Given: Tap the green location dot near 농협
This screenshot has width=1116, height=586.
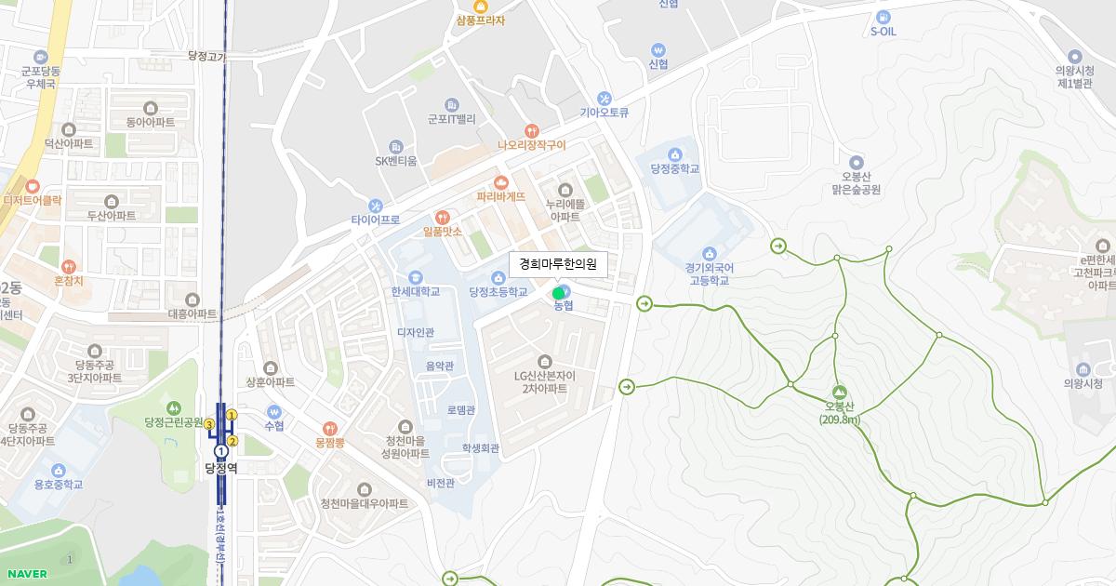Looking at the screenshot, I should (x=559, y=294).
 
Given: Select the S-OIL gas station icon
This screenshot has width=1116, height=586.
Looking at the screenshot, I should (x=883, y=16).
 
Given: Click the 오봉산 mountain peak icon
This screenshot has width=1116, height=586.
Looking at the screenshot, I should (x=840, y=393).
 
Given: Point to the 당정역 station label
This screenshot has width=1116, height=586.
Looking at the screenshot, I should (x=221, y=467).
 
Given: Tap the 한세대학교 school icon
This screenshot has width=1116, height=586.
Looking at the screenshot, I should (x=415, y=276).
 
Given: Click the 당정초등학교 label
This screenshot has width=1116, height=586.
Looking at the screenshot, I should (x=504, y=292).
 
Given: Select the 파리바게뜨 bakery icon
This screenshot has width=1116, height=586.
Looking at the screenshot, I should (x=501, y=181).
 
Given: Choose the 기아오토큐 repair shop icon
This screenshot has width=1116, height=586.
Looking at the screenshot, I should (x=604, y=98).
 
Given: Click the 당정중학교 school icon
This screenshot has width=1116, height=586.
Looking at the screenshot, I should (x=675, y=154).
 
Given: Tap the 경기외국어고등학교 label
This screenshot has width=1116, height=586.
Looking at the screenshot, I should (x=710, y=273).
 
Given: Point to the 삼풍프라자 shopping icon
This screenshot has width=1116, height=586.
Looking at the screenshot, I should (x=481, y=7).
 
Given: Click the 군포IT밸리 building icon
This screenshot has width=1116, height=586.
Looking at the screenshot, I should (x=452, y=104).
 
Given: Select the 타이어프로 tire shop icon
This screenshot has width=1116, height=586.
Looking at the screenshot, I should (x=376, y=205).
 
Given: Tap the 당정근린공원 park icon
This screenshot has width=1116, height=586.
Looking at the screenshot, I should (x=174, y=407).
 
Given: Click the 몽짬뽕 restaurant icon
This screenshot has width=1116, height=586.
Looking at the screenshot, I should (x=330, y=428).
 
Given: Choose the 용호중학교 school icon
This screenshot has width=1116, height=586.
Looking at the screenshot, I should (x=59, y=470).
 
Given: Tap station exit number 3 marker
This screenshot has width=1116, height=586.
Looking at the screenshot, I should (x=210, y=425).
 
